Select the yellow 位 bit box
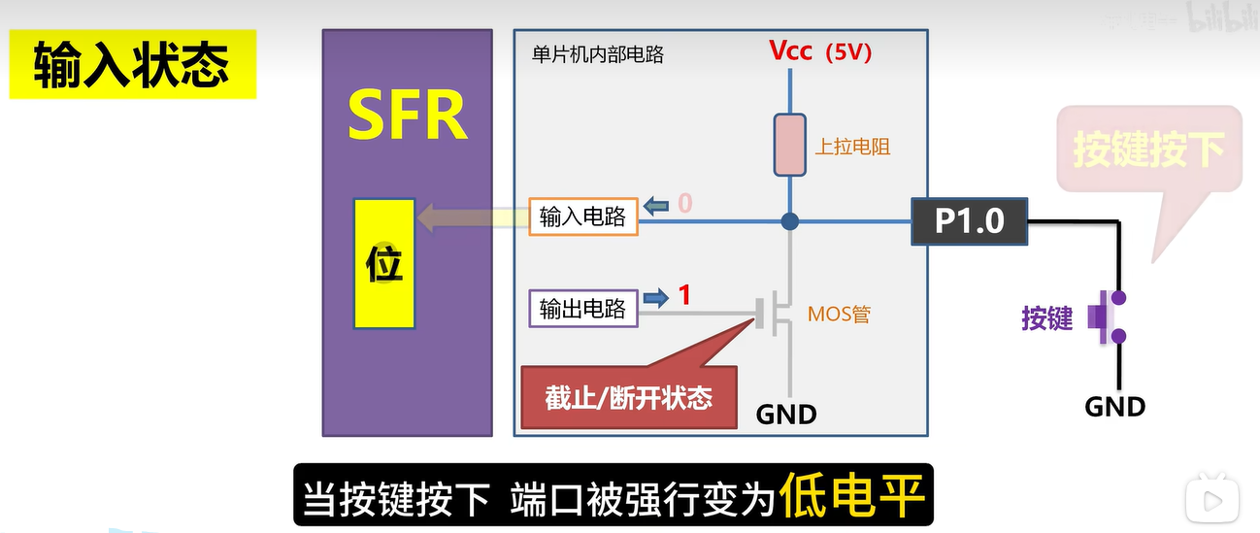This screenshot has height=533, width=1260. pyautogui.click(x=384, y=263)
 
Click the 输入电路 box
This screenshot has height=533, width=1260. pyautogui.click(x=582, y=217)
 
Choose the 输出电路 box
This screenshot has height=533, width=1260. pyautogui.click(x=582, y=310)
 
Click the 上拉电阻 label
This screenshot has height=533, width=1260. pyautogui.click(x=852, y=147)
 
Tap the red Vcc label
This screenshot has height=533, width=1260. pyautogui.click(x=790, y=51)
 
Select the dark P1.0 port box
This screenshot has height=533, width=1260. pyautogui.click(x=969, y=221)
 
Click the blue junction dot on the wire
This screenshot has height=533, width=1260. pyautogui.click(x=790, y=222)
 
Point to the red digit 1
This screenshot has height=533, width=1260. pyautogui.click(x=684, y=295)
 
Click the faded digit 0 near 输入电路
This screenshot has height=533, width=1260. pyautogui.click(x=684, y=204)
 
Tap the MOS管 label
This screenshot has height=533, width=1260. pyautogui.click(x=839, y=315)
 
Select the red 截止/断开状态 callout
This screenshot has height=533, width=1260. pyautogui.click(x=628, y=397)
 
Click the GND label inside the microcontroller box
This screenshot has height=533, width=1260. pyautogui.click(x=786, y=415)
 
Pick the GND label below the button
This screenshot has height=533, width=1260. pyautogui.click(x=1115, y=407)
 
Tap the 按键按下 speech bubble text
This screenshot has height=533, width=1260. pyautogui.click(x=1148, y=150)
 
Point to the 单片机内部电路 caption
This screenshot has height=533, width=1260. pyautogui.click(x=599, y=55)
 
